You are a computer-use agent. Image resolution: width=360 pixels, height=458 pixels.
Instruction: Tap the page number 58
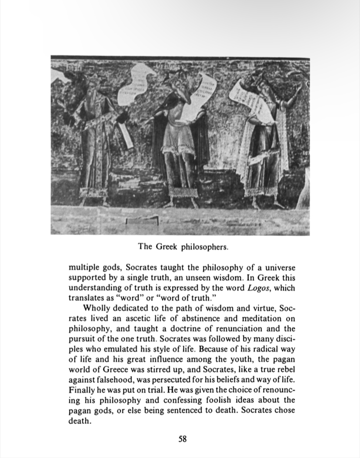183,438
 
